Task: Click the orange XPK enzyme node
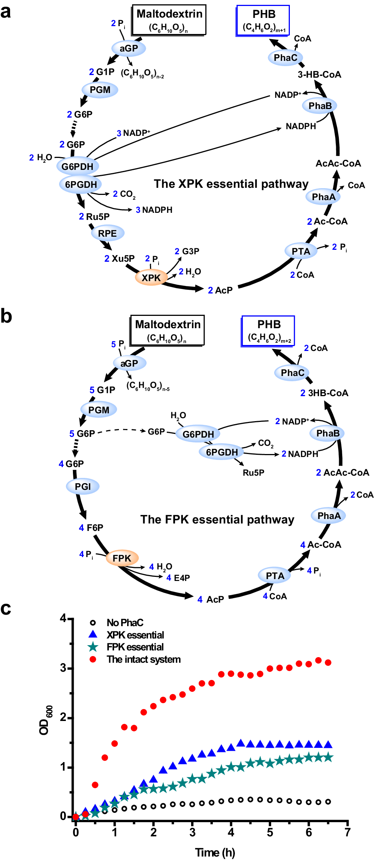[x=151, y=278]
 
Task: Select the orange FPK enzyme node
[x=122, y=558]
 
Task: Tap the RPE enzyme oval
[x=108, y=233]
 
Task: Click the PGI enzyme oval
[x=83, y=487]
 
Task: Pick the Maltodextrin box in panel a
[x=169, y=20]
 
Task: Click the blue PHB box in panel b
[x=269, y=331]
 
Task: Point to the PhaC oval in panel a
[x=285, y=57]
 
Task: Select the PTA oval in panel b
[x=275, y=576]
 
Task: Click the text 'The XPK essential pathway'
[x=231, y=184]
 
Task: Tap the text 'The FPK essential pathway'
[x=217, y=519]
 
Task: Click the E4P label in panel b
[x=182, y=578]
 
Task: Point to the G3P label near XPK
[x=190, y=251]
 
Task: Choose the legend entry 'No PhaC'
[x=125, y=622]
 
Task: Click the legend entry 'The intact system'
[x=144, y=659]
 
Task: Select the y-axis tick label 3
[x=63, y=668]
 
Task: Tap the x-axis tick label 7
[x=347, y=832]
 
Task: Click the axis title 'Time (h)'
[x=215, y=852]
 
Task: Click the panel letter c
[x=6, y=609]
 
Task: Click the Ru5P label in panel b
[x=254, y=473]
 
